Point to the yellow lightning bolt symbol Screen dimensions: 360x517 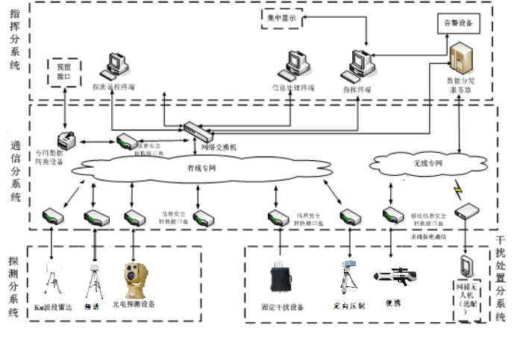pos(456,186)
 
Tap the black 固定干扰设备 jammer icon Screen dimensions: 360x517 pos(281,277)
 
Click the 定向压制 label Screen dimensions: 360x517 pos(349,306)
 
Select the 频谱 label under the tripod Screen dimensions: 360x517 pos(93,306)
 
